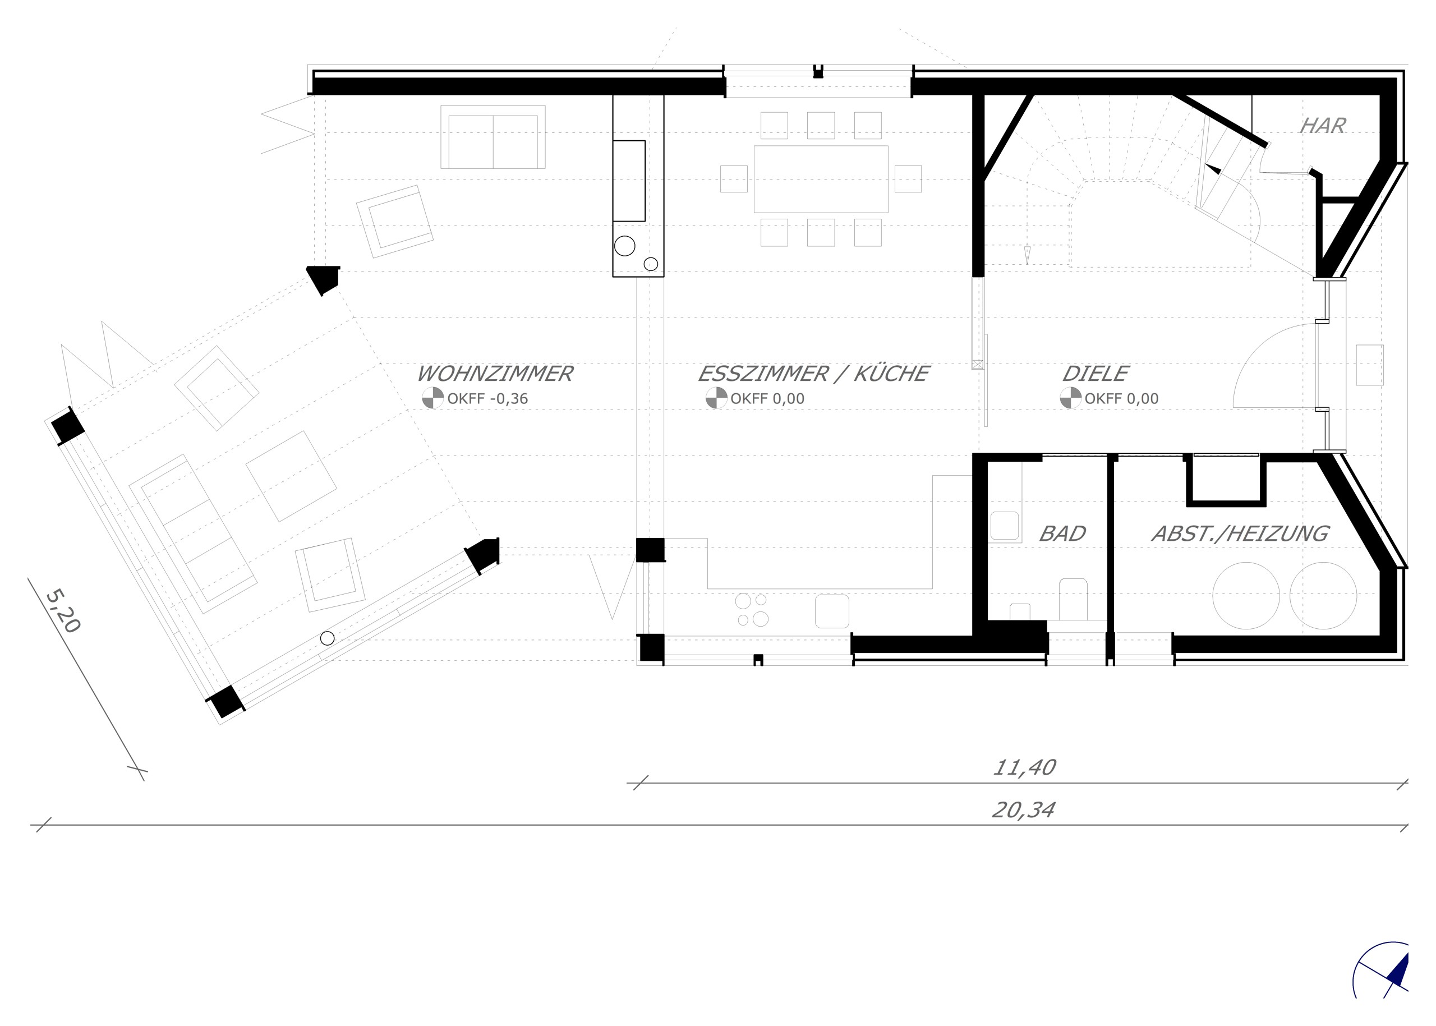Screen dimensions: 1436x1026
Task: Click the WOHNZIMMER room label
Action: point(495,374)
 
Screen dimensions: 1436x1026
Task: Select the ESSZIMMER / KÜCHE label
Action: point(813,374)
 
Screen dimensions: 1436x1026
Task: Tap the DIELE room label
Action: point(1095,374)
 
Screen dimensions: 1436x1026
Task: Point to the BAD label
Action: point(1062,534)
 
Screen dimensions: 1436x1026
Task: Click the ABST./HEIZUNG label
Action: point(1240,534)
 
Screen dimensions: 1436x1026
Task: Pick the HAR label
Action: point(1322,126)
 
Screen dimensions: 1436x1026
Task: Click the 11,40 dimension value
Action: point(1024,767)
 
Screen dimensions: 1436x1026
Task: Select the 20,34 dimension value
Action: point(1023,810)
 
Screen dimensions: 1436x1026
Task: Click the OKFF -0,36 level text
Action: point(487,399)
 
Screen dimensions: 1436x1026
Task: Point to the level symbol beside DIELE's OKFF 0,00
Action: point(1070,398)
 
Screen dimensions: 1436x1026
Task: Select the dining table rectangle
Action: point(821,179)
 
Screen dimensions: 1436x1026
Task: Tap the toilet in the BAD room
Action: point(1073,599)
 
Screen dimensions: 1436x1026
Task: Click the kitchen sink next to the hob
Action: point(831,611)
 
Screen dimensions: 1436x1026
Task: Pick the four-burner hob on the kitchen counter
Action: point(752,610)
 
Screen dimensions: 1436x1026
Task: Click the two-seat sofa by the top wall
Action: point(493,137)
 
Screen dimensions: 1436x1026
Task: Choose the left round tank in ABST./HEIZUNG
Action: point(1246,595)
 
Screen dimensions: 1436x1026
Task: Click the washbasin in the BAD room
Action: point(1005,526)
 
